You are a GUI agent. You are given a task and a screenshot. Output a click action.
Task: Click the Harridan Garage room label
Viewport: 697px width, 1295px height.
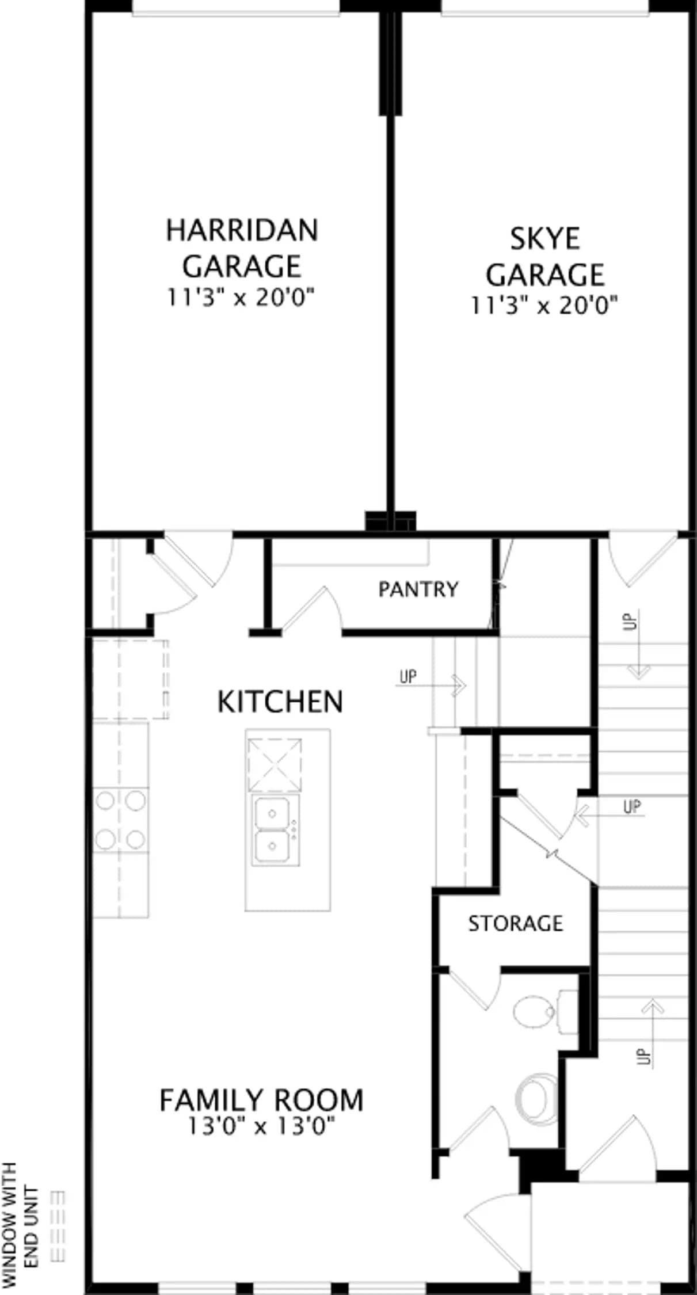click(x=242, y=248)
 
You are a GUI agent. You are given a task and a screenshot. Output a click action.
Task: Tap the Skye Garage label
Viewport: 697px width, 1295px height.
click(x=544, y=257)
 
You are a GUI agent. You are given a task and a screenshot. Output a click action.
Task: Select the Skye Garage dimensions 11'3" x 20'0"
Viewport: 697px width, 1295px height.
click(x=544, y=306)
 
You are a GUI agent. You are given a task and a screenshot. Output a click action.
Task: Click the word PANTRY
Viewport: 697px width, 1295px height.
click(x=418, y=589)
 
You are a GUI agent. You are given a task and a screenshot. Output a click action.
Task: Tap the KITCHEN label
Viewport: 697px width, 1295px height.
click(x=280, y=702)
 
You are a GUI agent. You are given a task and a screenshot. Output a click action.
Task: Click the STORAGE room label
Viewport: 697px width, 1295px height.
click(x=515, y=924)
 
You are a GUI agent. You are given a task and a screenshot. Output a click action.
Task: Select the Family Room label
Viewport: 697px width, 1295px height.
click(x=261, y=1100)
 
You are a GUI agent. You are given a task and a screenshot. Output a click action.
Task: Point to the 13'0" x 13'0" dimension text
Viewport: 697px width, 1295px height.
click(x=261, y=1126)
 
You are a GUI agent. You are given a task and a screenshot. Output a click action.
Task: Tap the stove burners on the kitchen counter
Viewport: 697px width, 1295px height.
click(x=120, y=820)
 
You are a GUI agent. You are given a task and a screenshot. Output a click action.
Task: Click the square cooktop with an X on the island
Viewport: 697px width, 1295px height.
click(x=275, y=765)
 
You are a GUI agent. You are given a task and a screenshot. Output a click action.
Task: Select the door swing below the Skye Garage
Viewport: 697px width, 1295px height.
click(x=643, y=561)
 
